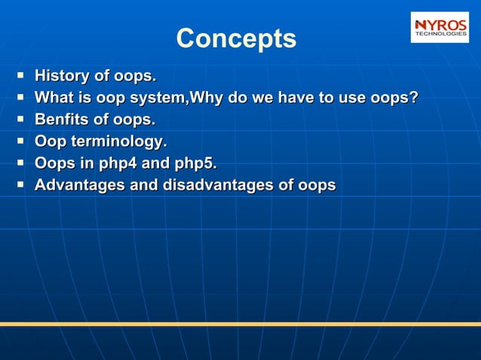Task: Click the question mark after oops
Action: click(x=413, y=98)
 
